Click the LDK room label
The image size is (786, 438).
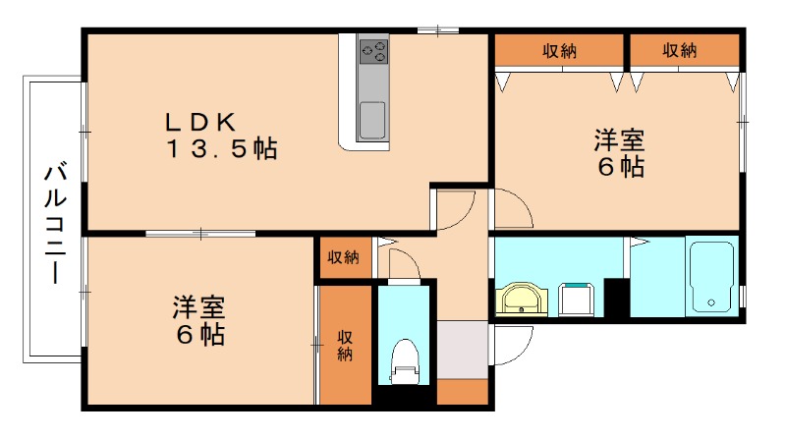pyautogui.click(x=200, y=122)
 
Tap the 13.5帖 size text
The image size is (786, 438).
pyautogui.click(x=222, y=149)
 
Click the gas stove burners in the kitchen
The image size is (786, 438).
pyautogui.click(x=374, y=52)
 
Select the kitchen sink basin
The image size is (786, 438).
pyautogui.click(x=372, y=120)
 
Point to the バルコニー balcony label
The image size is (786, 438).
pyautogui.click(x=55, y=224)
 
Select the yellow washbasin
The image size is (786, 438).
pyautogui.click(x=522, y=300)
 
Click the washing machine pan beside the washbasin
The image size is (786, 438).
pyautogui.click(x=576, y=300)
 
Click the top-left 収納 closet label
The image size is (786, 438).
pyautogui.click(x=559, y=51)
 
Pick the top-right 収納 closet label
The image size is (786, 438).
pyautogui.click(x=680, y=50)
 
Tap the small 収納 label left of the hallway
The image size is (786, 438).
pyautogui.click(x=343, y=257)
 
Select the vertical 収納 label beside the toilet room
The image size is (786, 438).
pyautogui.click(x=345, y=346)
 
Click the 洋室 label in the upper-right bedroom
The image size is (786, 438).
pyautogui.click(x=620, y=140)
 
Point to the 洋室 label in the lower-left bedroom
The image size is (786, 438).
pyautogui.click(x=199, y=307)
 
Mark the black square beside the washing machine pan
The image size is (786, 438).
pyautogui.click(x=616, y=298)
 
